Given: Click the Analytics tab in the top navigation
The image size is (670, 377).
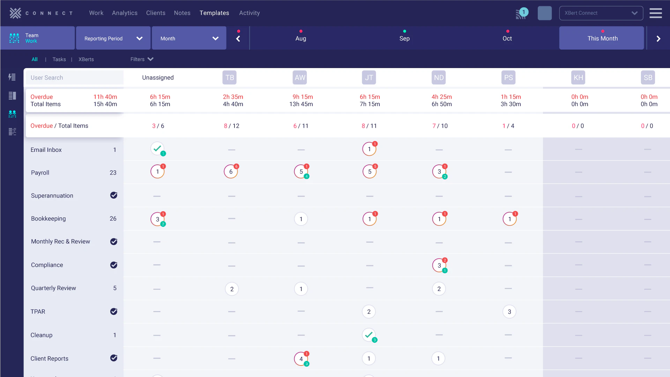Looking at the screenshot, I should pyautogui.click(x=125, y=13).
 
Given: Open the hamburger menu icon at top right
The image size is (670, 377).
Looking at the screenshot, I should pyautogui.click(x=655, y=13).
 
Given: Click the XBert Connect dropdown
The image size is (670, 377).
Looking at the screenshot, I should pyautogui.click(x=601, y=13).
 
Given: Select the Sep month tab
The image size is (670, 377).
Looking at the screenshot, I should pyautogui.click(x=404, y=38).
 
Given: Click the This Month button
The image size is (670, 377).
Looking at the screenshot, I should pyautogui.click(x=602, y=38).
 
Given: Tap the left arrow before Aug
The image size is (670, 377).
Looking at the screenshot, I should pyautogui.click(x=238, y=39).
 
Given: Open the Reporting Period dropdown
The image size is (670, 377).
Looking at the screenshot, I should pyautogui.click(x=113, y=38).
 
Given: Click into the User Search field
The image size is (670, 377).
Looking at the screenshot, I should pyautogui.click(x=74, y=77).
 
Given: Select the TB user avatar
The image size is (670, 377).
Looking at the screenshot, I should pyautogui.click(x=229, y=77).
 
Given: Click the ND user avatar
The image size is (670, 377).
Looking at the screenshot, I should pyautogui.click(x=439, y=77).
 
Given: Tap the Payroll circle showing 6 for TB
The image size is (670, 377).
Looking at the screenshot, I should pyautogui.click(x=231, y=172).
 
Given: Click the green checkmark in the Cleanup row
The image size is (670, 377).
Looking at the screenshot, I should pyautogui.click(x=369, y=335).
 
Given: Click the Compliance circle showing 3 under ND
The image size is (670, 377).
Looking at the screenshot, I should pyautogui.click(x=439, y=265).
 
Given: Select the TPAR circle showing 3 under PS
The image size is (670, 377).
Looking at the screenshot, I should pyautogui.click(x=509, y=312).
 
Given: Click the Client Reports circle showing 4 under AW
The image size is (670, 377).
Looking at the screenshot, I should pyautogui.click(x=301, y=359).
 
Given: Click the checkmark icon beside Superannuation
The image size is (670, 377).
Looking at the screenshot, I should pyautogui.click(x=114, y=195).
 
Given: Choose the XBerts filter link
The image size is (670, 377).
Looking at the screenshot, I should pyautogui.click(x=86, y=59).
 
